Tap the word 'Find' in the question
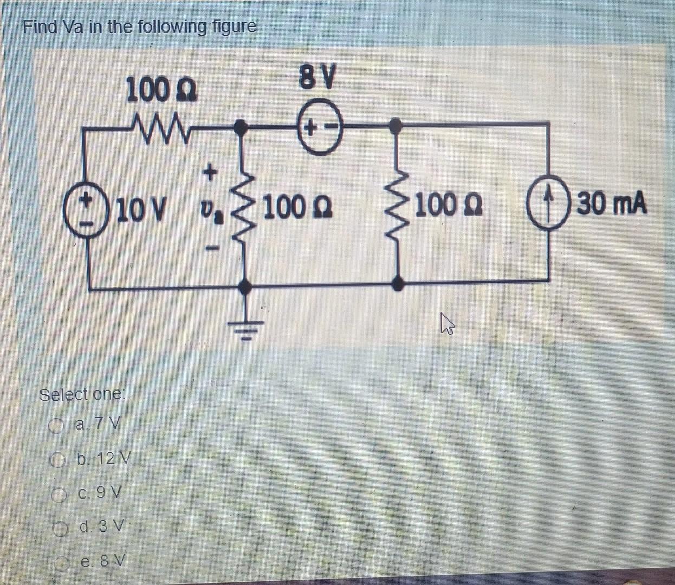40,27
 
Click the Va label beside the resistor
208,209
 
